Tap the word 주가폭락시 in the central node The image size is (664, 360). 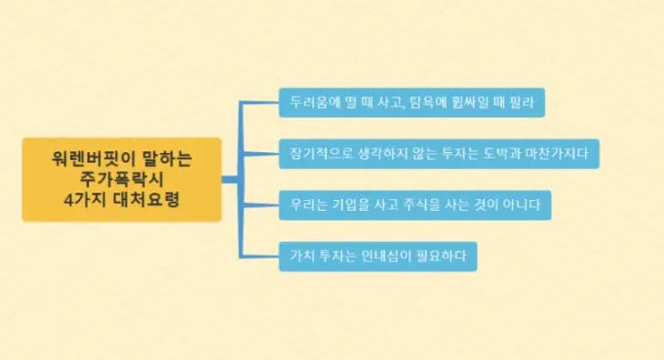pos(123,180)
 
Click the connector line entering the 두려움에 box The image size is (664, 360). pos(258,101)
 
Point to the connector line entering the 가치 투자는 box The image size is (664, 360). pos(258,257)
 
